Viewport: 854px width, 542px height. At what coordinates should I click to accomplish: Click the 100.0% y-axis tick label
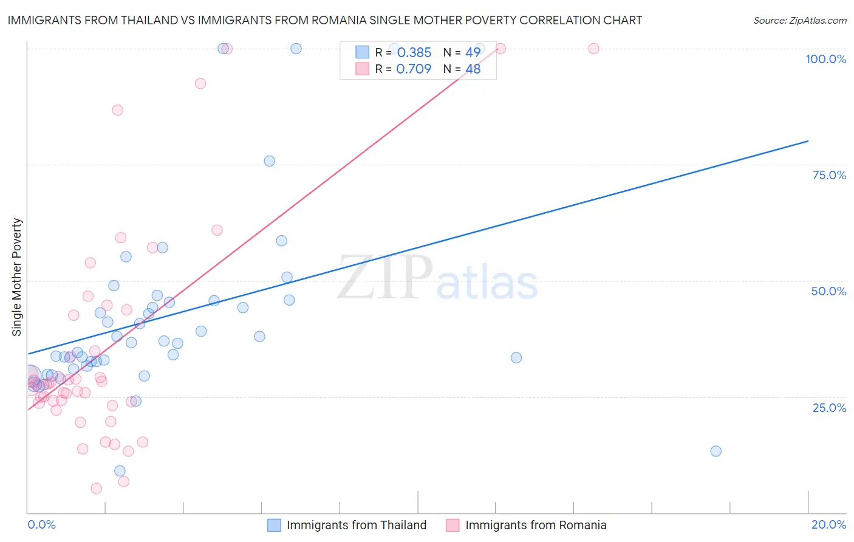point(825,59)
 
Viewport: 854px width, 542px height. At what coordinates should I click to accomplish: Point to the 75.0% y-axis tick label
point(829,175)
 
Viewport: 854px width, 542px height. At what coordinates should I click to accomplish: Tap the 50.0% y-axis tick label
point(828,291)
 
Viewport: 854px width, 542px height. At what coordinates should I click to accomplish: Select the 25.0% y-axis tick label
point(829,408)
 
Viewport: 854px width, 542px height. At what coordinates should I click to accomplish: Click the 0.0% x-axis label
point(41,524)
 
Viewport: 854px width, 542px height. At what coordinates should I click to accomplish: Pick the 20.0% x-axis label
point(828,524)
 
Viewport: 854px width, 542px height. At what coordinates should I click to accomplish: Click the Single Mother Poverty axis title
point(17,277)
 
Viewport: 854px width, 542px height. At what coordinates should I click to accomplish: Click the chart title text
point(324,20)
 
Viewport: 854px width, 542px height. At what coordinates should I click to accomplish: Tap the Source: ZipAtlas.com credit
point(799,20)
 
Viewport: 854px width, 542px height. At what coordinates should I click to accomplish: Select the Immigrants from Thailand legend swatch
point(275,525)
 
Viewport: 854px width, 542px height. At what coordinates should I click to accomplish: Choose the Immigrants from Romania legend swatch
point(453,525)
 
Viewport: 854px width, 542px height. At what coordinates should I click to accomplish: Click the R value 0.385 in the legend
point(414,52)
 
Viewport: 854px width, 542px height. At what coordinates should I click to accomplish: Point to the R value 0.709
point(414,69)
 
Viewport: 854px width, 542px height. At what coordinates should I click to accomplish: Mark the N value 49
point(473,52)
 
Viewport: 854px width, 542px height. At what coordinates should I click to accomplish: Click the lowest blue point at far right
point(716,451)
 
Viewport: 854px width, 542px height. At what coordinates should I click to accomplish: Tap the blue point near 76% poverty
point(270,161)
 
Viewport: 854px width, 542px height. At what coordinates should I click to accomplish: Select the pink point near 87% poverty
point(118,110)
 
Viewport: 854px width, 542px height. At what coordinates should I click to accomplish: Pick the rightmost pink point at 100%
point(593,49)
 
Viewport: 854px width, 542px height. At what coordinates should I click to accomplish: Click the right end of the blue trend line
point(808,141)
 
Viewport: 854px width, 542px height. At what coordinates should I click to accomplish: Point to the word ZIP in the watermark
point(385,278)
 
